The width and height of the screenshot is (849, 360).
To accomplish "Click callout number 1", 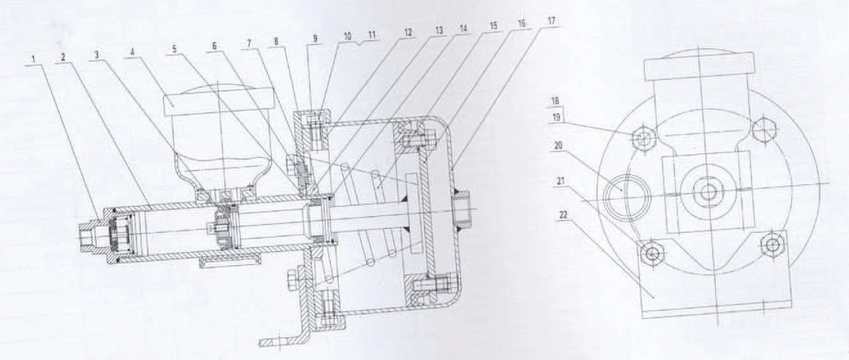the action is [x=33, y=59].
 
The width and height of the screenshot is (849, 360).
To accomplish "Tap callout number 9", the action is [x=315, y=39].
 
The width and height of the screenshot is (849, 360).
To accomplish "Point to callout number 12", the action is [x=407, y=33].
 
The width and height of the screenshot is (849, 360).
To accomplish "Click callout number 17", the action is [x=551, y=21].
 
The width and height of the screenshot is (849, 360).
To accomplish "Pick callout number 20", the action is [x=558, y=146].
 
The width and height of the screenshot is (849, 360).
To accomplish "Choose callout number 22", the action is [x=564, y=215].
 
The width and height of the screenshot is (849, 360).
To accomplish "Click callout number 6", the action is [x=214, y=46].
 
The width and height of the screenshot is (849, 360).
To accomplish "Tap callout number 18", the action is [x=555, y=102].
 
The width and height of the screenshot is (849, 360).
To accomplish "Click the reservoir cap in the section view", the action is [x=219, y=100].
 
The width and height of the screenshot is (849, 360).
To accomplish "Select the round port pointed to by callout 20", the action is [x=627, y=197].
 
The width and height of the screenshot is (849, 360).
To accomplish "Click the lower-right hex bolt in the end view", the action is [x=772, y=245].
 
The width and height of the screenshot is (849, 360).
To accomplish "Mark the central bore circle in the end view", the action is [x=706, y=193].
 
